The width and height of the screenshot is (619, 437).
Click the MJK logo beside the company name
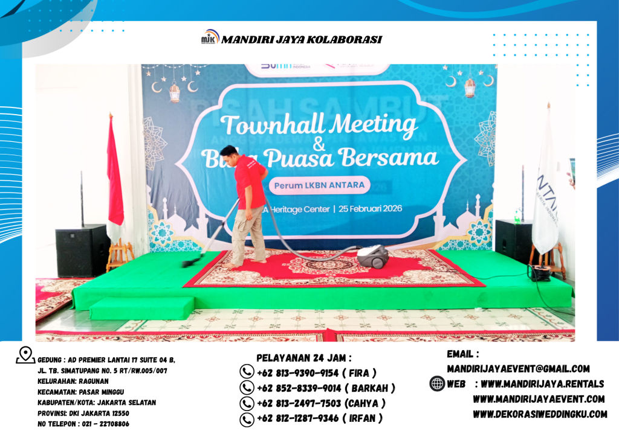tap(210, 38)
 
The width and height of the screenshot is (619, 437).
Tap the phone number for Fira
tap(316, 373)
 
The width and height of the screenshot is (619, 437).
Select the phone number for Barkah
tap(326, 388)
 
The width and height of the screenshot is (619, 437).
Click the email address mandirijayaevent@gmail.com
tap(518, 368)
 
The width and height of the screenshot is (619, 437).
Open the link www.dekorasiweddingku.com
tap(540, 414)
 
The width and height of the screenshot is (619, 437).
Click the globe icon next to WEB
tap(437, 384)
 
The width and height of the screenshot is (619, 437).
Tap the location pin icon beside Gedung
tap(25, 356)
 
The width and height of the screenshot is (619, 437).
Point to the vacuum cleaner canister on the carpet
tap(372, 256)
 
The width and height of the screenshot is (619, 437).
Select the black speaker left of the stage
tap(82, 250)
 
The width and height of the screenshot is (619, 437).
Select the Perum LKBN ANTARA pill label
tap(318, 185)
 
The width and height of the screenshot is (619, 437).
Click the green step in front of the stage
tap(141, 308)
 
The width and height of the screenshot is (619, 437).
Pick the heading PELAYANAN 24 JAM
tap(304, 358)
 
